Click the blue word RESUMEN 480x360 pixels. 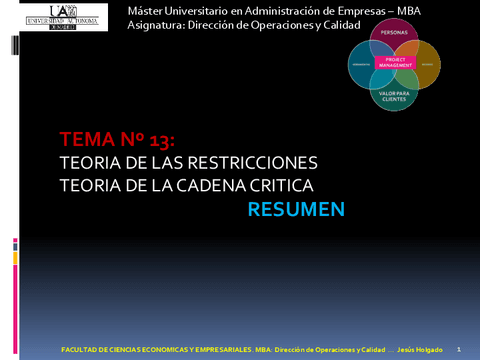[x=295, y=209]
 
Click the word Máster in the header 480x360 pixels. [x=148, y=10]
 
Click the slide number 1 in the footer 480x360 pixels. [x=457, y=349]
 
